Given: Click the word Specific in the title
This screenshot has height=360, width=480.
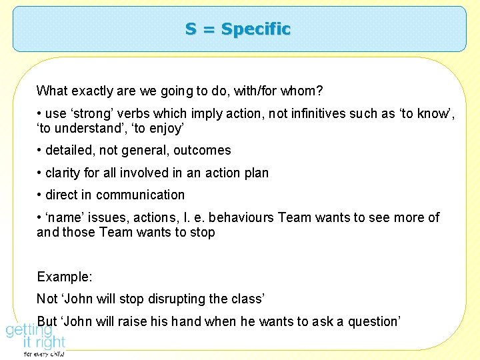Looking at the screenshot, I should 256,29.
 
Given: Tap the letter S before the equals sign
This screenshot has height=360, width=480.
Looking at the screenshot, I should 191,29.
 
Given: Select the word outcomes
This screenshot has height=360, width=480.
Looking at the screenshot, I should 202,151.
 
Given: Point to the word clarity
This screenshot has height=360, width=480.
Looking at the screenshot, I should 63,173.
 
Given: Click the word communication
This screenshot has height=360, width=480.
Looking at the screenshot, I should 140,195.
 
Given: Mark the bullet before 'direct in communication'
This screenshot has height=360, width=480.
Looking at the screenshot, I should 40,195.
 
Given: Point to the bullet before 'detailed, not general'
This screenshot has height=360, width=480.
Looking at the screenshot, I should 40,151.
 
